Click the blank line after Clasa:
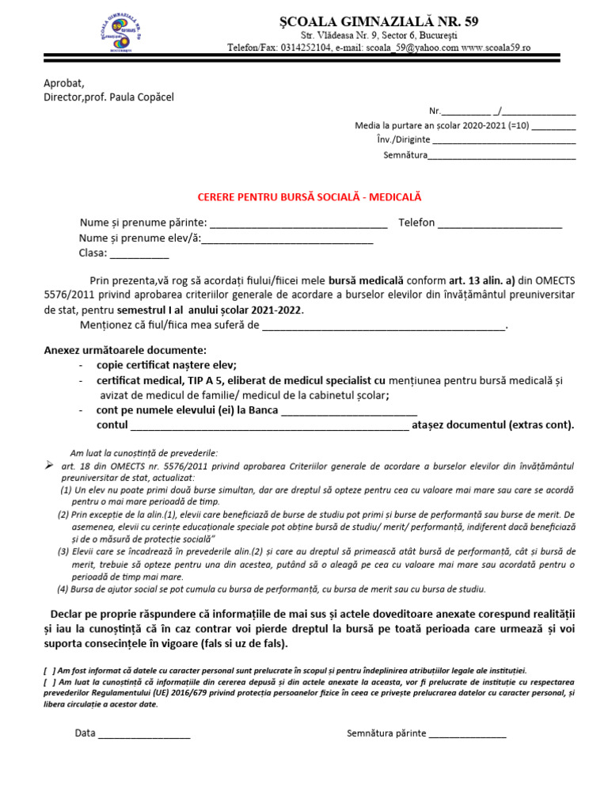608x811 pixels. [139, 255]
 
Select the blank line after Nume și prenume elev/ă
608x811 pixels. [287, 239]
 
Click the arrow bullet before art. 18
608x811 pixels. [49, 464]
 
